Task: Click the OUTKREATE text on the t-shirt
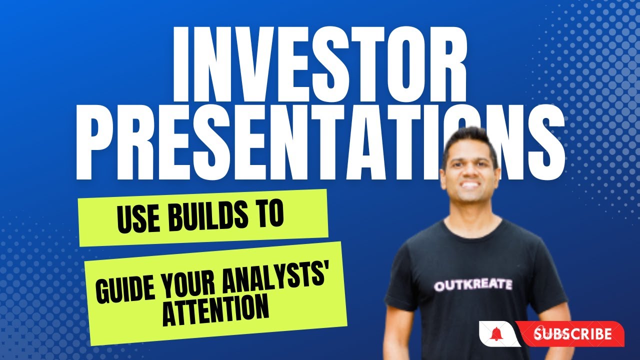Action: (x=473, y=285)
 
